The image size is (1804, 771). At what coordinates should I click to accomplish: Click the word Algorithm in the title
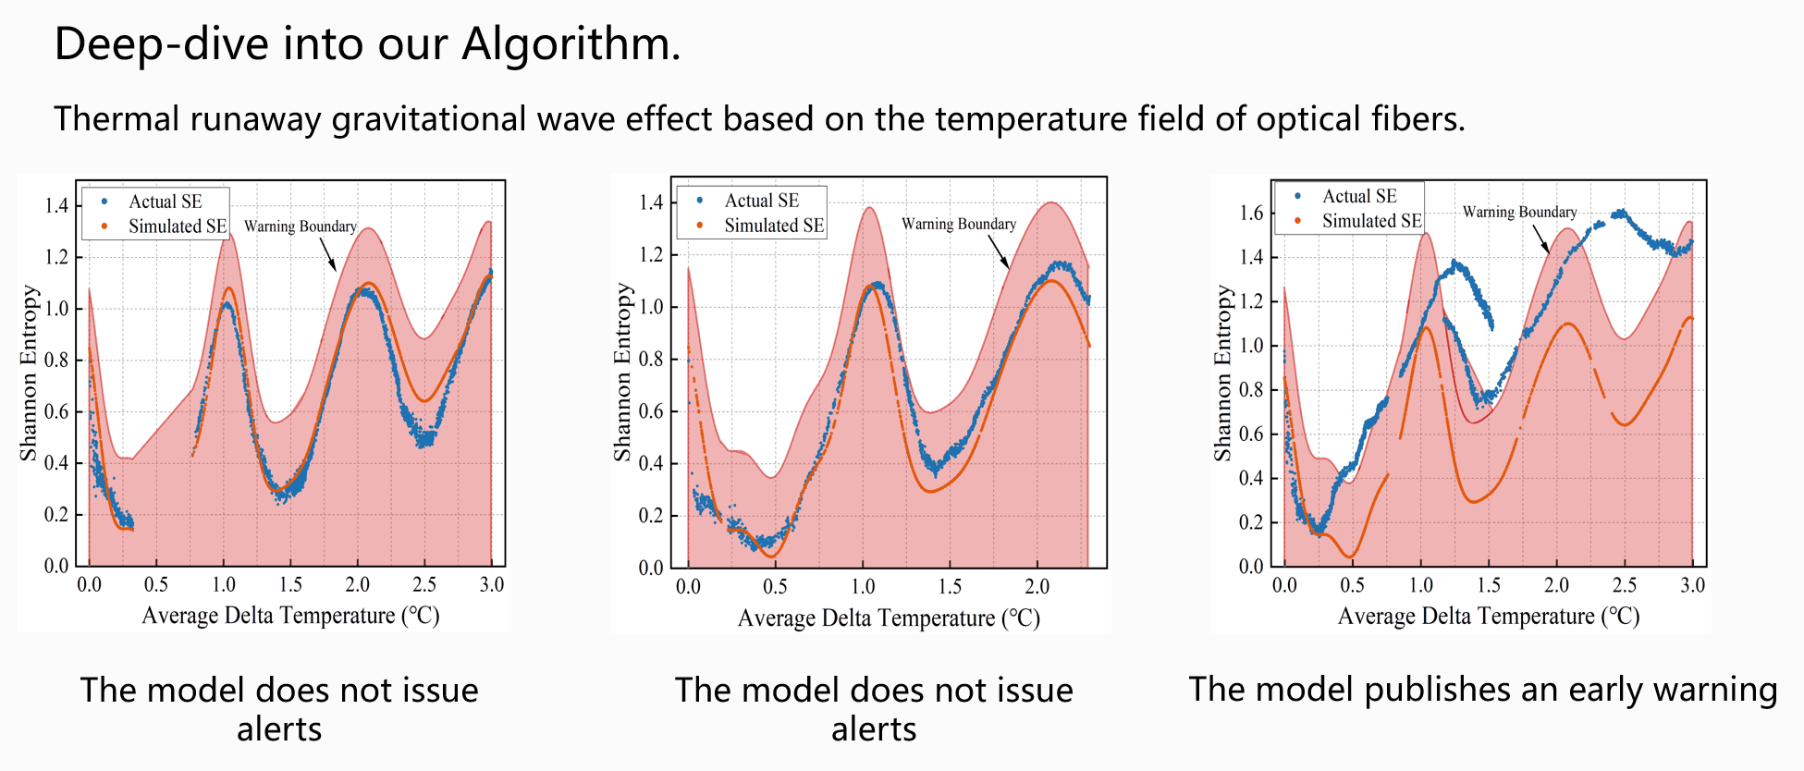coord(571,44)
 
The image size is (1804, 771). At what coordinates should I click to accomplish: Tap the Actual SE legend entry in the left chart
coord(165,202)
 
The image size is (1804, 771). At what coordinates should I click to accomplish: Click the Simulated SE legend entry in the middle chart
coord(773,226)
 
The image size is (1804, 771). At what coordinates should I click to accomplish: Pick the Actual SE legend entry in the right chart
coord(1358,196)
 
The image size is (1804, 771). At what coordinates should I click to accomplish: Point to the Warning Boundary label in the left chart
coord(300,226)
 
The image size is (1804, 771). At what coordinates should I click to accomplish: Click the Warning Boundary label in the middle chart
coord(958,224)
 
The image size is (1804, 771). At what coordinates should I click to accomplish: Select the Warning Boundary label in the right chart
coord(1519,212)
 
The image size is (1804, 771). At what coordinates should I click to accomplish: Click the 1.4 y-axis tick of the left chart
coord(56,205)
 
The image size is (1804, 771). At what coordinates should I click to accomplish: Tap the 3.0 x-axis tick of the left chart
coord(491,584)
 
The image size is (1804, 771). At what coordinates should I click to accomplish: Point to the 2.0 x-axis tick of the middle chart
coord(1037,586)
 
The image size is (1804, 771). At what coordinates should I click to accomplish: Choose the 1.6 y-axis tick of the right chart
coord(1250,213)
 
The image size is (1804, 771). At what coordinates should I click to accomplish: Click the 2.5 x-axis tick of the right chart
coord(1624,585)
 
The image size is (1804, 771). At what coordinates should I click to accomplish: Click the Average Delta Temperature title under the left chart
coord(290,616)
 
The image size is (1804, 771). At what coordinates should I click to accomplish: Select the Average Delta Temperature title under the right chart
coord(1488,617)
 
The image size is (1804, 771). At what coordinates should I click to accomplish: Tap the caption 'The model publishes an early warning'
coord(1482,690)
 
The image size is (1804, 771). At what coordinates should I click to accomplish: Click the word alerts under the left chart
coord(279,729)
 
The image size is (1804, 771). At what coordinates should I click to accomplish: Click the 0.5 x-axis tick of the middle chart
coord(775,586)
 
